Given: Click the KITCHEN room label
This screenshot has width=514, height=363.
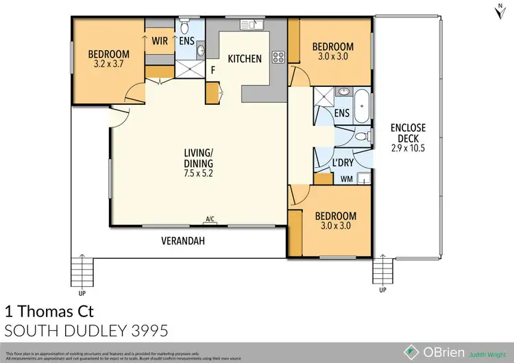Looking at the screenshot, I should coord(245,59).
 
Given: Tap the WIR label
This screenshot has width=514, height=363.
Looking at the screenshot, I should coord(162,40).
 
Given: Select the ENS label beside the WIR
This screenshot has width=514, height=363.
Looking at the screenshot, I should coord(186,40).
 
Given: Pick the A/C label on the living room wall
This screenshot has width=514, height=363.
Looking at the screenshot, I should coord(210,219).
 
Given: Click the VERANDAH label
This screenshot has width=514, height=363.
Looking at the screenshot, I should coord(184,242).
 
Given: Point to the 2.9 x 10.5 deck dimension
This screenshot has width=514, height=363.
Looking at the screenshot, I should coord(408,147).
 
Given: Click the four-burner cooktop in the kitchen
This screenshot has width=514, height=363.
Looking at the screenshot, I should coord(278,57).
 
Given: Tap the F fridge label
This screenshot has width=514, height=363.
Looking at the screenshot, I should coord(213,69).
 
